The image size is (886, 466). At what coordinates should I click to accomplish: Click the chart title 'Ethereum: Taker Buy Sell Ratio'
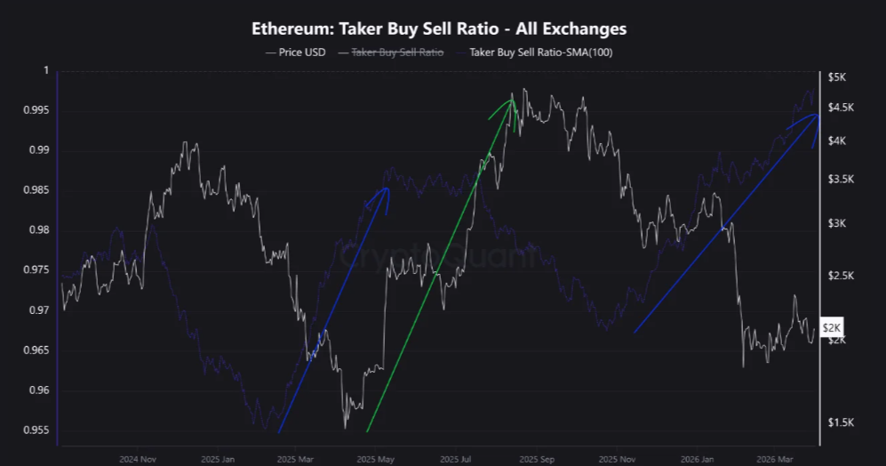tap(439, 28)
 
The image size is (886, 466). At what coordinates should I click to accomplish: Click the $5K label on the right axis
tap(839, 78)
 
